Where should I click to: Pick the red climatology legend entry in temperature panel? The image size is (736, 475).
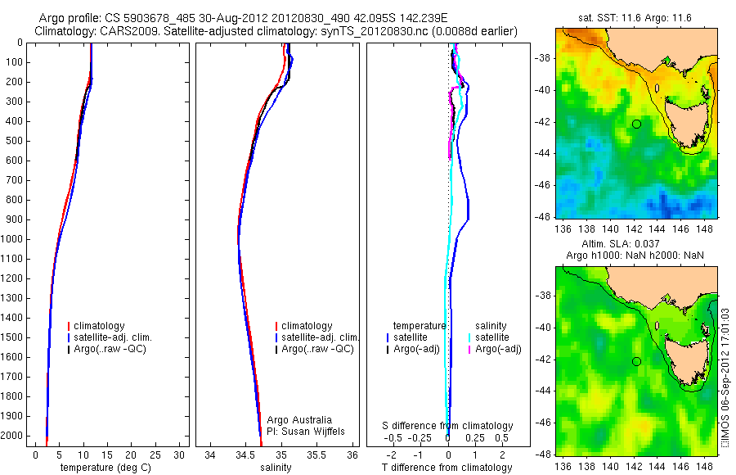pos(101,326)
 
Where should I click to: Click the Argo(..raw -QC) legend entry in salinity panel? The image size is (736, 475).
pos(317,349)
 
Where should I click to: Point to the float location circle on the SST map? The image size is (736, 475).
pos(636,124)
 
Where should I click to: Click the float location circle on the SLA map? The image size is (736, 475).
pos(636,361)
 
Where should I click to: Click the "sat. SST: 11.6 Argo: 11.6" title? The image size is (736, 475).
pos(629,16)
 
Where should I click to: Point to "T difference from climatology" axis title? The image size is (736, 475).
pos(449,468)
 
